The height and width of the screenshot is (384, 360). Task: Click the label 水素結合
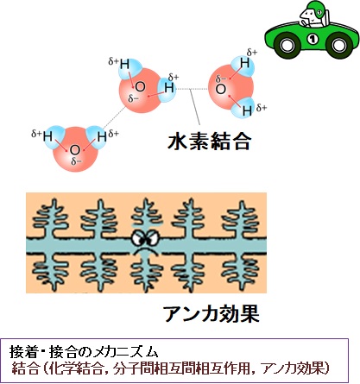click(x=210, y=142)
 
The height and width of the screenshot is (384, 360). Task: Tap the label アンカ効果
click(x=212, y=313)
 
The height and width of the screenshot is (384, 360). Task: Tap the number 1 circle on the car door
click(x=313, y=39)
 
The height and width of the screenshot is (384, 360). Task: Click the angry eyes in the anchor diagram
click(x=145, y=237)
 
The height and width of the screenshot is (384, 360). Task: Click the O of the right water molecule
click(x=221, y=89)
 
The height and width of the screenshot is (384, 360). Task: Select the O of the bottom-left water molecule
click(x=74, y=150)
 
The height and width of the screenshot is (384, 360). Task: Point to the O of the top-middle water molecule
click(x=140, y=86)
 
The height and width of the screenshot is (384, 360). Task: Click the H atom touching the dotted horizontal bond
click(x=169, y=88)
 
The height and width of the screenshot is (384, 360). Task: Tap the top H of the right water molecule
click(x=245, y=63)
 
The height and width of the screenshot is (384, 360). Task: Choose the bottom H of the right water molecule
click(x=247, y=110)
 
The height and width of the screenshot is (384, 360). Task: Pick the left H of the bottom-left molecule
click(x=47, y=136)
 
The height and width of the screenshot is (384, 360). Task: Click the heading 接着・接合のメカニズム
click(x=84, y=351)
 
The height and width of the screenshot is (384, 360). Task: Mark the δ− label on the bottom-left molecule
click(x=76, y=162)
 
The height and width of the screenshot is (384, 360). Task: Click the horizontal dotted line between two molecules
click(x=192, y=89)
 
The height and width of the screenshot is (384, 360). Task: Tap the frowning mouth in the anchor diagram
click(x=145, y=249)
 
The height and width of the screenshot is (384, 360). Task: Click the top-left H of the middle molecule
click(x=124, y=64)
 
